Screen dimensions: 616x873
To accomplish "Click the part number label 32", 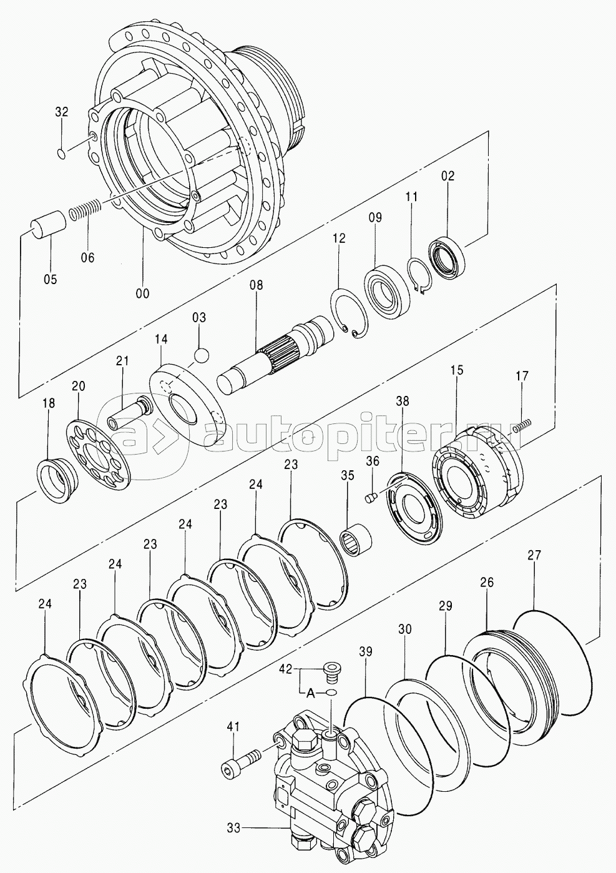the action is click(62, 112).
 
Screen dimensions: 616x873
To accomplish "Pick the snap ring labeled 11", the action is click(419, 274).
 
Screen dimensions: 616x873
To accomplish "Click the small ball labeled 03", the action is click(201, 355).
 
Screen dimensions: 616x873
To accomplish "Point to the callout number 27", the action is click(535, 555).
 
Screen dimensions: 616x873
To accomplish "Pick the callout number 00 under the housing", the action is click(143, 293).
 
